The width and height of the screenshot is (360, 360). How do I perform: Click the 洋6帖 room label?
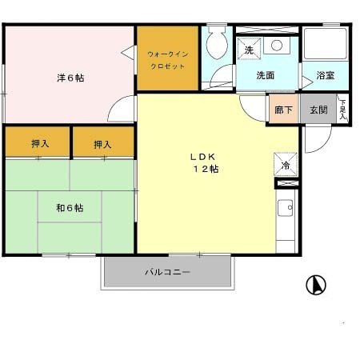tap(70, 78)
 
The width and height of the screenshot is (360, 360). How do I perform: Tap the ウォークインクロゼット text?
tap(166, 59)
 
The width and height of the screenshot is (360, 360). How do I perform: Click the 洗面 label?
tap(266, 76)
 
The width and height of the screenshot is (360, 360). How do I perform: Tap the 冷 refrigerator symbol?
tap(286, 165)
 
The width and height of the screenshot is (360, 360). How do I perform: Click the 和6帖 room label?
tap(70, 208)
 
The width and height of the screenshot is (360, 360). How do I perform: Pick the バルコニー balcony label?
tap(167, 272)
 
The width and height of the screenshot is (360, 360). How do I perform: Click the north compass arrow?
tap(317, 284)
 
